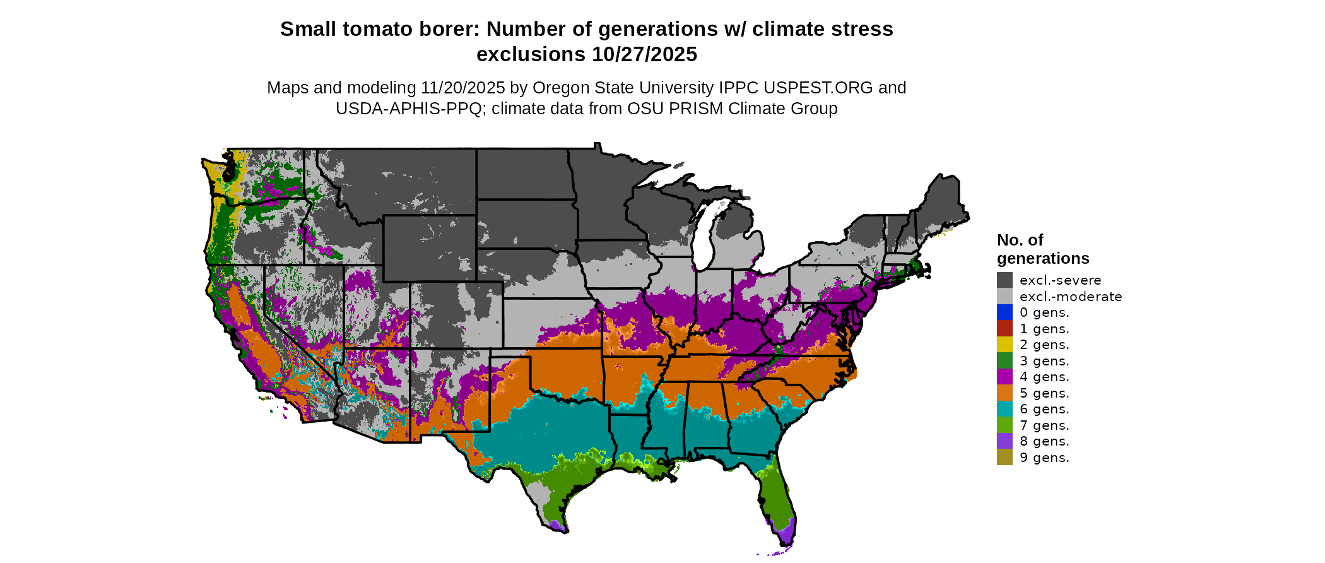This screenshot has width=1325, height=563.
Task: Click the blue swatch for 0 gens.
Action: (1004, 312)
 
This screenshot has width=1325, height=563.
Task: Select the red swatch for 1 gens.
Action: (1004, 329)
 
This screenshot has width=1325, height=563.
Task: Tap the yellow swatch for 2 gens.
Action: (1004, 345)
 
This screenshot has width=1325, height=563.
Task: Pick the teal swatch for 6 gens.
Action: (1004, 409)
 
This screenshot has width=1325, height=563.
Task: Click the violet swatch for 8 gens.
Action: (1004, 441)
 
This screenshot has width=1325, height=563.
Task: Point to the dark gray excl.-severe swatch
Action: (1004, 280)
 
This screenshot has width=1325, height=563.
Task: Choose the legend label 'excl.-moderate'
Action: (1071, 297)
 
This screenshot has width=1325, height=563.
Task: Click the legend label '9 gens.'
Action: (1044, 458)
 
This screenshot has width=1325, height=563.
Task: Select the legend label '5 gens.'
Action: (1044, 393)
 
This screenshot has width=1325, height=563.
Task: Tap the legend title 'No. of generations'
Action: (1042, 249)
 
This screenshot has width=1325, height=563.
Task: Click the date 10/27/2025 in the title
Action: (644, 55)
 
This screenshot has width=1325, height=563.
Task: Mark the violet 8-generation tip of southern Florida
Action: (785, 536)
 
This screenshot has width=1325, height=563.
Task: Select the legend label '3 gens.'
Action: (1044, 361)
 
